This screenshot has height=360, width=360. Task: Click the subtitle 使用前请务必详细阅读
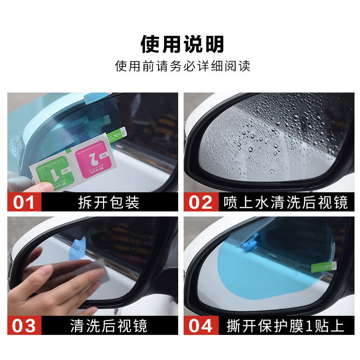182,66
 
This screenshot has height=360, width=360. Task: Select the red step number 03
24,325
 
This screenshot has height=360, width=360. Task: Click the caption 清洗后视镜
109,325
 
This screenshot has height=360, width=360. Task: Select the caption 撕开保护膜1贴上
285,325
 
